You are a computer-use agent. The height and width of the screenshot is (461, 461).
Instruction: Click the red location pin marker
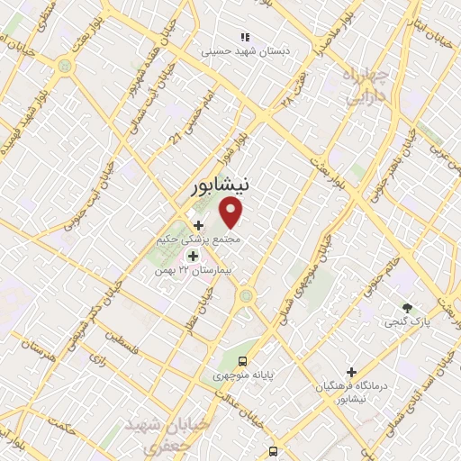pos(231,212)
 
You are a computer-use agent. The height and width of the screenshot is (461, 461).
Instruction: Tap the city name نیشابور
pos(221,185)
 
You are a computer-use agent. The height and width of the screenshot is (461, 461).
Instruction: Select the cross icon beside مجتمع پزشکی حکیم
pos(198,224)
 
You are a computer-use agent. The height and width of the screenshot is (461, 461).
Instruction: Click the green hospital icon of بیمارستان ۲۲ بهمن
pos(192,256)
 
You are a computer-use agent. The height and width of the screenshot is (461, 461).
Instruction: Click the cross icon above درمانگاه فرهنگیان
pos(351,372)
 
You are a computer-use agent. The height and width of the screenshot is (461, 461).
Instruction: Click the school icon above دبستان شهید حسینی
pos(244,38)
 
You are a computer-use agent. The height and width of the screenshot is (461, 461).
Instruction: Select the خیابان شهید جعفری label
pos(167,431)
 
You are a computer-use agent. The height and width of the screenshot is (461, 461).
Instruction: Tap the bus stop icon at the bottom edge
pos(272,452)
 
